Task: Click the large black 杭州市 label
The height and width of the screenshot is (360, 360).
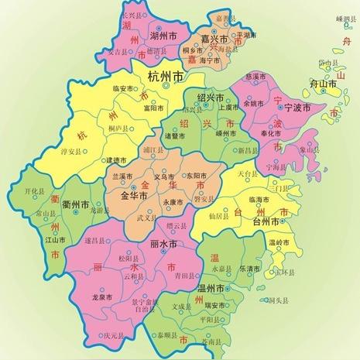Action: point(167,77)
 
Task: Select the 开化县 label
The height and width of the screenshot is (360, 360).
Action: point(36,190)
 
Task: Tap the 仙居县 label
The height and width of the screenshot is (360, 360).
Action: point(221,217)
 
